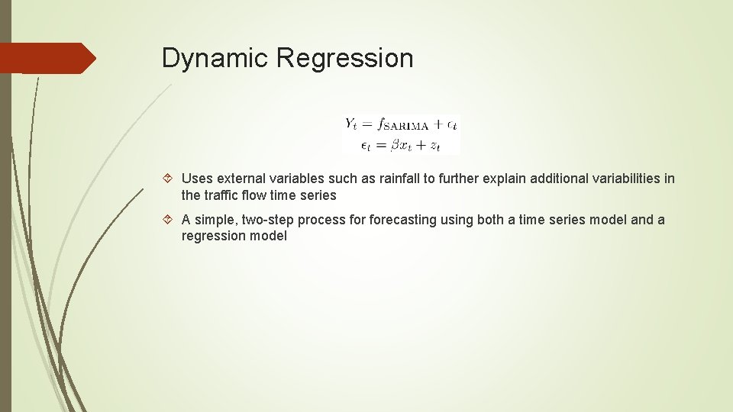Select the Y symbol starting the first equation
click(351, 124)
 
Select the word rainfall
click(404, 179)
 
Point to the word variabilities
click(622, 179)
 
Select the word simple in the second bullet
click(216, 220)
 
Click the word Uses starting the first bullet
click(197, 179)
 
